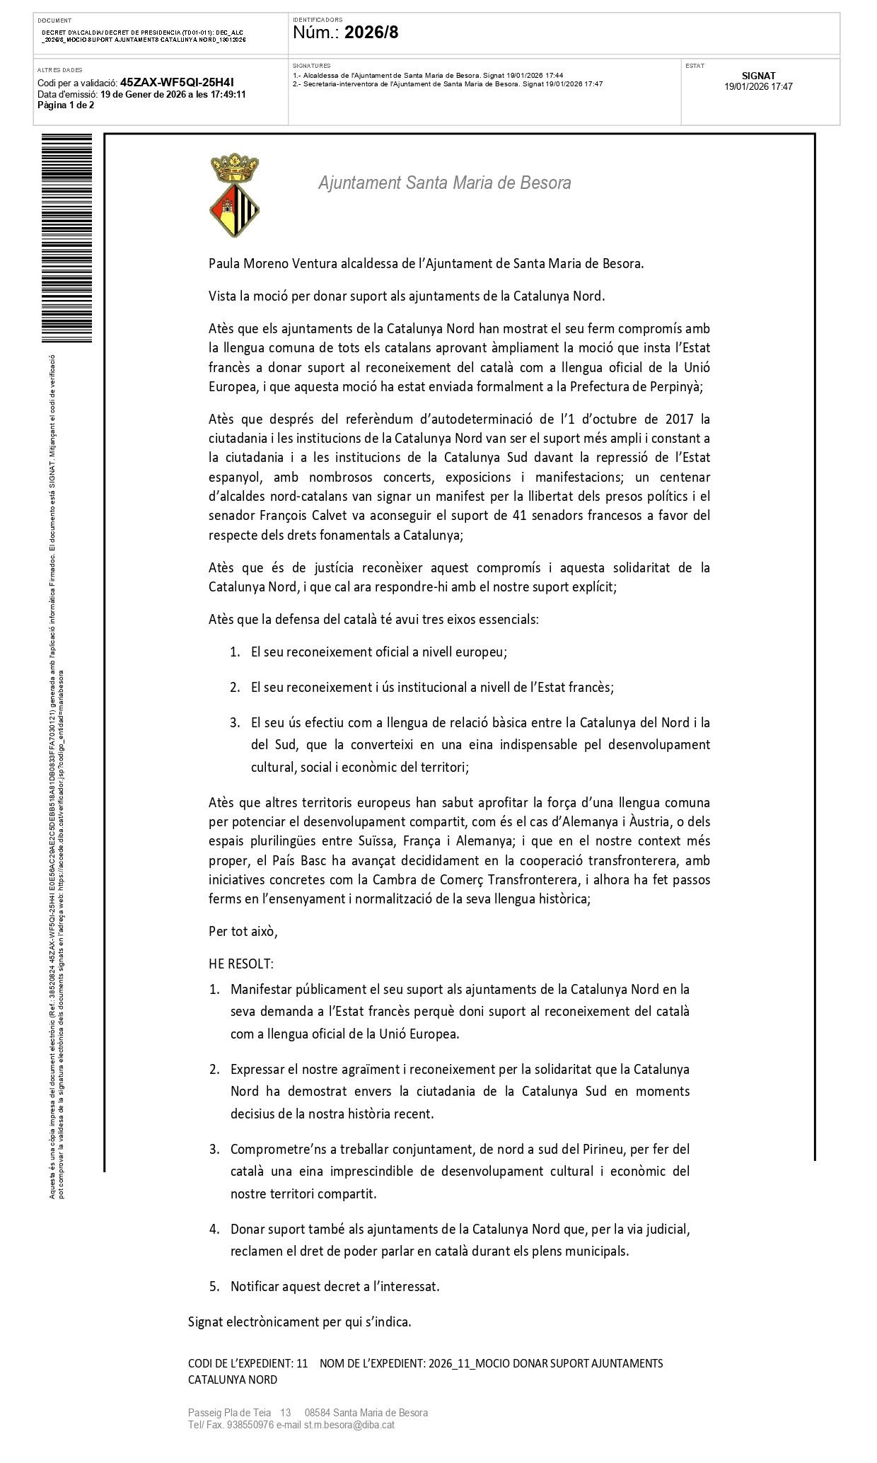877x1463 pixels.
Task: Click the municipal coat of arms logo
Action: tap(234, 197)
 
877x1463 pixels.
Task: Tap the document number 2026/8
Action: tap(371, 32)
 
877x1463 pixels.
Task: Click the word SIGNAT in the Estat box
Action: tap(758, 76)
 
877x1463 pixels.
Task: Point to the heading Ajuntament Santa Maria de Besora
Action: tap(444, 183)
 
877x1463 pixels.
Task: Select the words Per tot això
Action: tap(243, 931)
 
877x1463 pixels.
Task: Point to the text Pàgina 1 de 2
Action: tap(66, 105)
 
